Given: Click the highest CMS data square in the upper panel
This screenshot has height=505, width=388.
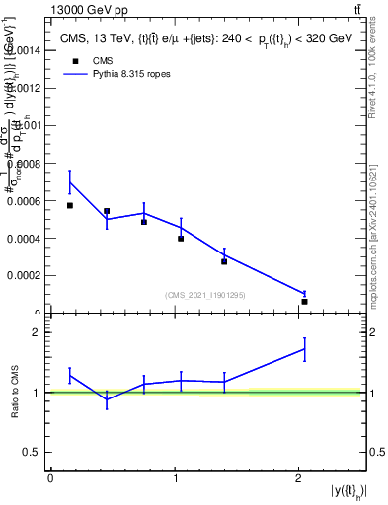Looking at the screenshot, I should click(x=70, y=205).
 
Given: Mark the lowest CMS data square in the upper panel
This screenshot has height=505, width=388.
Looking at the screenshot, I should click(x=305, y=302).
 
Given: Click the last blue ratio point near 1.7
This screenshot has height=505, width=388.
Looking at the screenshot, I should click(x=305, y=348).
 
